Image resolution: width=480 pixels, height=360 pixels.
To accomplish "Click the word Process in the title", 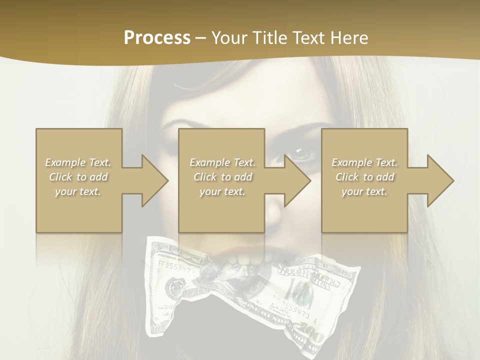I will click(x=157, y=38).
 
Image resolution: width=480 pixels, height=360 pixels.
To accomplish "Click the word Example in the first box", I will click(x=65, y=162).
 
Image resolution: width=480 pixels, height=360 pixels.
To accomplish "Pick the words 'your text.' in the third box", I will click(x=364, y=191).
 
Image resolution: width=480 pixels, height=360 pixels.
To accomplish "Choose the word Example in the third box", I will click(x=351, y=162).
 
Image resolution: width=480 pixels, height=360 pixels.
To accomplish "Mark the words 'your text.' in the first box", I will click(x=78, y=191).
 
